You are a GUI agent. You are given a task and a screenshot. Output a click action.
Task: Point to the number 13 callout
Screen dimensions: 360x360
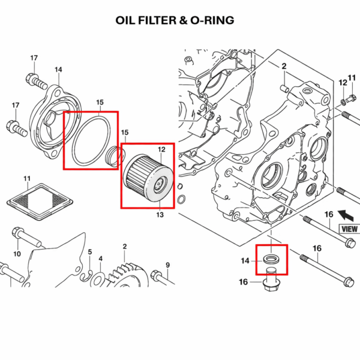(x=160, y=214)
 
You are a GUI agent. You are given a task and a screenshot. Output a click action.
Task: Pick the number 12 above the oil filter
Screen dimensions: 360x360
(x=161, y=149)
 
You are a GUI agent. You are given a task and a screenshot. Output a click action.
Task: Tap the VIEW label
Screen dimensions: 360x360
(x=349, y=229)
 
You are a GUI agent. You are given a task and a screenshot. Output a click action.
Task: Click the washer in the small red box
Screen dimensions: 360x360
(x=271, y=260)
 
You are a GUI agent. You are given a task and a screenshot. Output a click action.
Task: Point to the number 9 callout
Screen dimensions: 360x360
(x=167, y=265)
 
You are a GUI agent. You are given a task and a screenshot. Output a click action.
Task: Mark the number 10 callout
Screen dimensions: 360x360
(x=17, y=254)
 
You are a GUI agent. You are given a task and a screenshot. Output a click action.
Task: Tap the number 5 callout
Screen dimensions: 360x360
(x=89, y=252)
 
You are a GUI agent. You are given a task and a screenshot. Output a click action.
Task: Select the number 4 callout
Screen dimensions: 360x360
(x=101, y=259)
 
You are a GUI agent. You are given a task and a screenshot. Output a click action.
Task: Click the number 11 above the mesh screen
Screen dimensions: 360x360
(x=27, y=179)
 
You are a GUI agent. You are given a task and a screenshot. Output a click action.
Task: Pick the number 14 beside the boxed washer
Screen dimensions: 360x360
(x=245, y=260)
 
